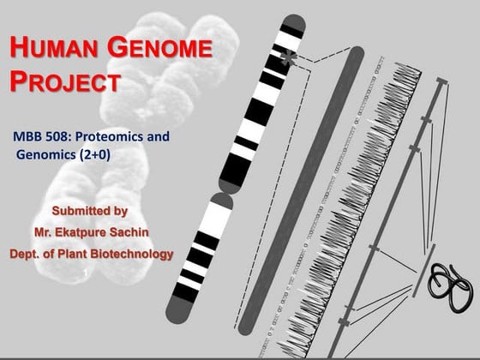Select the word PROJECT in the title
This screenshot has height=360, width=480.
(x=64, y=83)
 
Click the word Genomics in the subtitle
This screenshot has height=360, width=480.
(x=45, y=154)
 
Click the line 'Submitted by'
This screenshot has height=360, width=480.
(x=90, y=210)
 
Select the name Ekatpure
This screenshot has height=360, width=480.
(x=88, y=231)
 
